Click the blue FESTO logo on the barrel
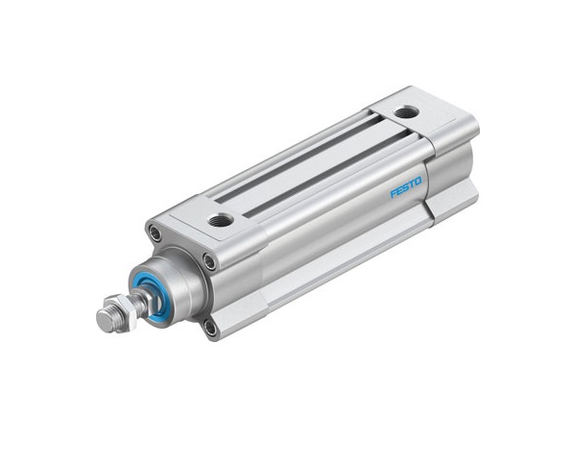(406, 186)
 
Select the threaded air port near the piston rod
(220, 220)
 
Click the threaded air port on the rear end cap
(406, 111)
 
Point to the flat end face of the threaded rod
(105, 321)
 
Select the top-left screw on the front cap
(155, 233)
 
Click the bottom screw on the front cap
(210, 328)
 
